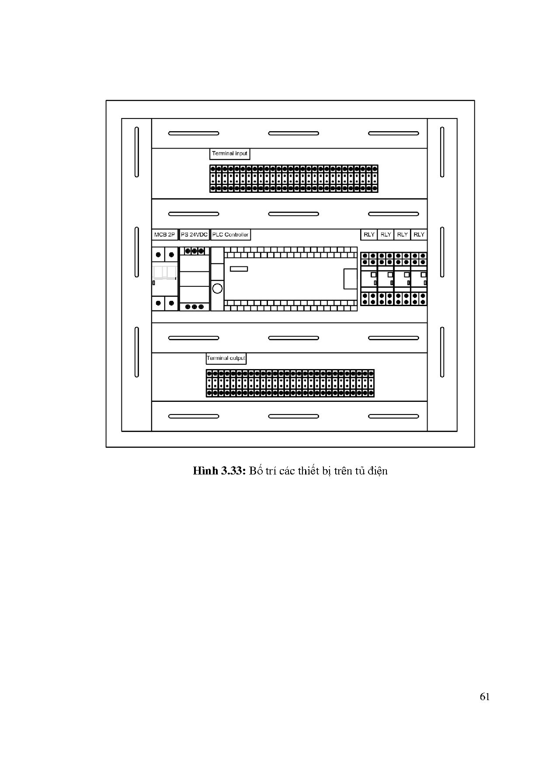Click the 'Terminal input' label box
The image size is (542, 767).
(x=229, y=154)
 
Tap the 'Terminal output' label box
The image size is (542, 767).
(x=226, y=359)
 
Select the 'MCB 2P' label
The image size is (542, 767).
(x=164, y=235)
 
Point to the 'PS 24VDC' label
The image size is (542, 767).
(x=194, y=235)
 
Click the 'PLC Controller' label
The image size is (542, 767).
(x=230, y=235)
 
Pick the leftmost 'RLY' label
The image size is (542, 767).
(x=369, y=235)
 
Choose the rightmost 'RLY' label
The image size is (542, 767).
(x=419, y=235)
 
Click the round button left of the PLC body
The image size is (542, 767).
(x=217, y=288)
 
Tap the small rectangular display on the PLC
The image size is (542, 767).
(x=239, y=269)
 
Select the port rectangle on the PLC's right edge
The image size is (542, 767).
(x=351, y=279)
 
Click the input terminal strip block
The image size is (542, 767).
(x=294, y=179)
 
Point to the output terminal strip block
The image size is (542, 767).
(x=290, y=383)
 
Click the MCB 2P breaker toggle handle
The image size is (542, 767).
(x=165, y=272)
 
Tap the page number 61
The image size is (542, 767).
(x=484, y=697)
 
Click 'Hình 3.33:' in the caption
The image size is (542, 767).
(x=220, y=471)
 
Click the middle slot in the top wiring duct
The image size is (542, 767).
(x=293, y=133)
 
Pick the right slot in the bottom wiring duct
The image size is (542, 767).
(x=393, y=416)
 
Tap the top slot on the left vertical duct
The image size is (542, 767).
(x=137, y=152)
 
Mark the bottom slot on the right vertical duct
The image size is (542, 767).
(x=442, y=352)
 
